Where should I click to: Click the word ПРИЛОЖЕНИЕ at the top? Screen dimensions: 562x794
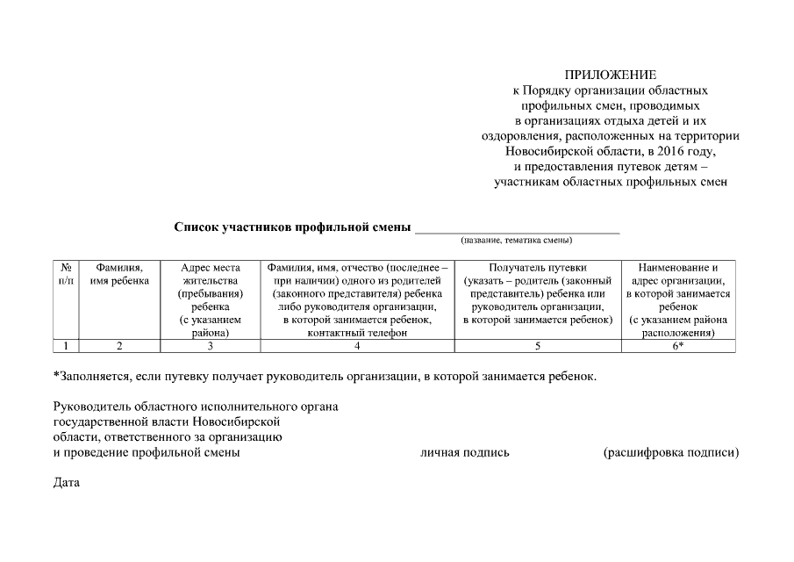pos(611,75)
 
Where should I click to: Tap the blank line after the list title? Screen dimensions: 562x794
pos(517,228)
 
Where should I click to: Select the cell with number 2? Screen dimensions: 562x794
pos(119,346)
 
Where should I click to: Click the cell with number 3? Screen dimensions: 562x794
pos(210,346)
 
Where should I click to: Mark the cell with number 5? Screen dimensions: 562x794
pos(537,346)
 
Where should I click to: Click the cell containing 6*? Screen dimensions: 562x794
pos(679,346)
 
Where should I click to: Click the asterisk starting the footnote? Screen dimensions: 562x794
pos(56,375)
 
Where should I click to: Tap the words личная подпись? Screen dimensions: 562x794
pos(465,453)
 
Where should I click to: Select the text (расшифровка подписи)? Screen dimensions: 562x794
pos(670,453)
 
